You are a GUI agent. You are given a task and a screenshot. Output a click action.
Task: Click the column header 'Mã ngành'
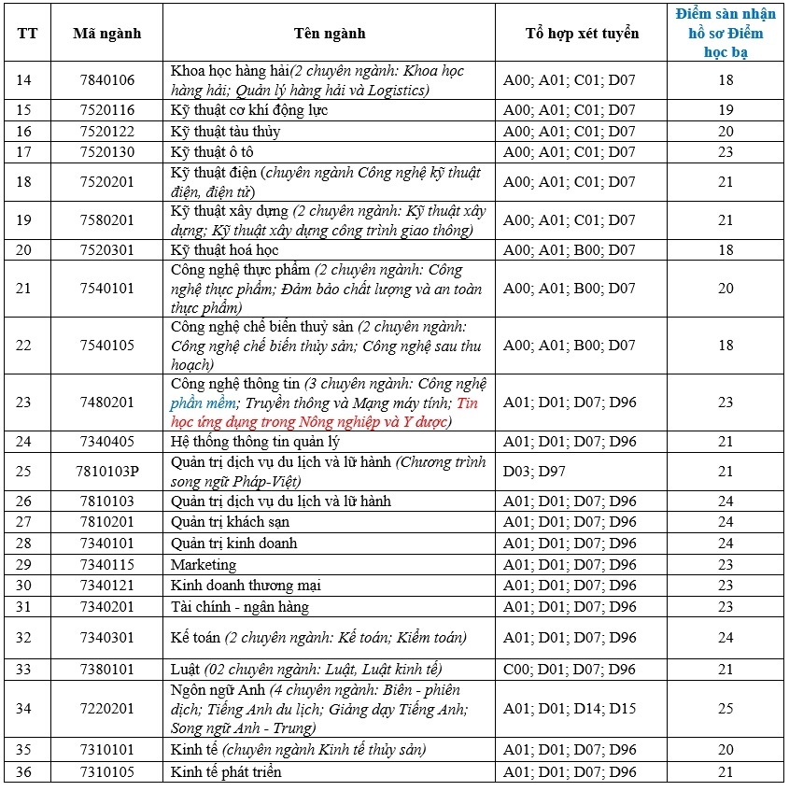point(107,34)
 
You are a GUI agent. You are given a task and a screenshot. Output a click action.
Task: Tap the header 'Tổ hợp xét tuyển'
point(582,34)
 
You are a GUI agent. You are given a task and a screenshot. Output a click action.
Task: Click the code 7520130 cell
point(107,152)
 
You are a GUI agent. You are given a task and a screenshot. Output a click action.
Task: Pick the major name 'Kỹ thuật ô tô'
point(212,152)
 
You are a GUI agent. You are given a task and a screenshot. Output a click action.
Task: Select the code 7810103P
point(107,471)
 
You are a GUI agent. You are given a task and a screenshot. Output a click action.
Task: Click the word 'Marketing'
point(204,565)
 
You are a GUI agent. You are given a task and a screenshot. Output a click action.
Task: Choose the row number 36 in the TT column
point(24,772)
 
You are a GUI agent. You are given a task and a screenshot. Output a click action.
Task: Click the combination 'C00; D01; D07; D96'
point(570,670)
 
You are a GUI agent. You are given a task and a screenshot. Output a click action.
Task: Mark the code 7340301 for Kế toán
point(107,638)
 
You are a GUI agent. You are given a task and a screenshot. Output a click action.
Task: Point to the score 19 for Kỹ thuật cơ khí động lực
point(726,110)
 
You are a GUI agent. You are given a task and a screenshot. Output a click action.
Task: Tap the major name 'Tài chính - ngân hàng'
point(240,607)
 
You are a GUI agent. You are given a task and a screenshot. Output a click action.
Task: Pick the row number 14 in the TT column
point(24,80)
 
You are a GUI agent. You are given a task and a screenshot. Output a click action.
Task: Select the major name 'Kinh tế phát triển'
point(226,772)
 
